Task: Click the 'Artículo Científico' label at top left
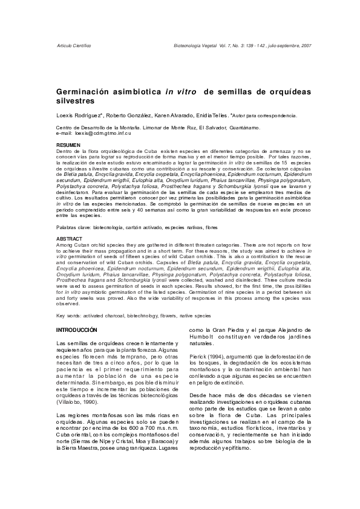(73, 46)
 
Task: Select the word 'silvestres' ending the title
(76, 100)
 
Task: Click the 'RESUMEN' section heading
(67, 146)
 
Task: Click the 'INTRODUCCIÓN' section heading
(76, 330)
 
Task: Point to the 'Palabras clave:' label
(74, 227)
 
